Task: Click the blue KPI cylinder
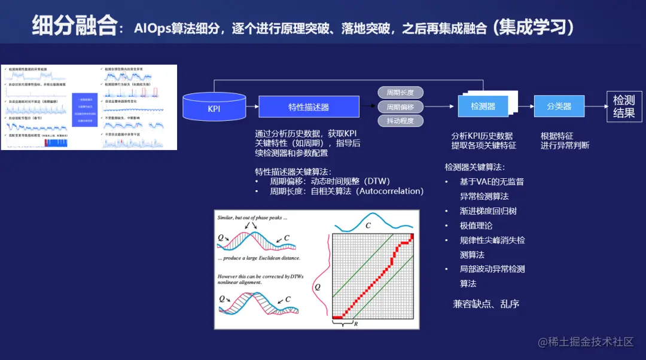pos(214,108)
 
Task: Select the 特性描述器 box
pos(309,107)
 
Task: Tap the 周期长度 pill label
pos(400,93)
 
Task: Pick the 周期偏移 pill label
pos(400,107)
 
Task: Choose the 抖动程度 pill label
pos(400,121)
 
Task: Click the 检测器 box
pos(482,106)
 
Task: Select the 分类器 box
pos(559,106)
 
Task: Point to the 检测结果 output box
pos(624,106)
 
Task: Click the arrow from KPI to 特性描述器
pos(252,108)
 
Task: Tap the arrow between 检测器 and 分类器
pos(525,106)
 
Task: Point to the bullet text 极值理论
pos(476,225)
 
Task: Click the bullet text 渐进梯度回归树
pos(488,210)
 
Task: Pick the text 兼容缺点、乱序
pos(486,304)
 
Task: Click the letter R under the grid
pos(356,324)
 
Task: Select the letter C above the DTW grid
pos(368,226)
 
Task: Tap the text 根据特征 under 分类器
pos(557,136)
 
